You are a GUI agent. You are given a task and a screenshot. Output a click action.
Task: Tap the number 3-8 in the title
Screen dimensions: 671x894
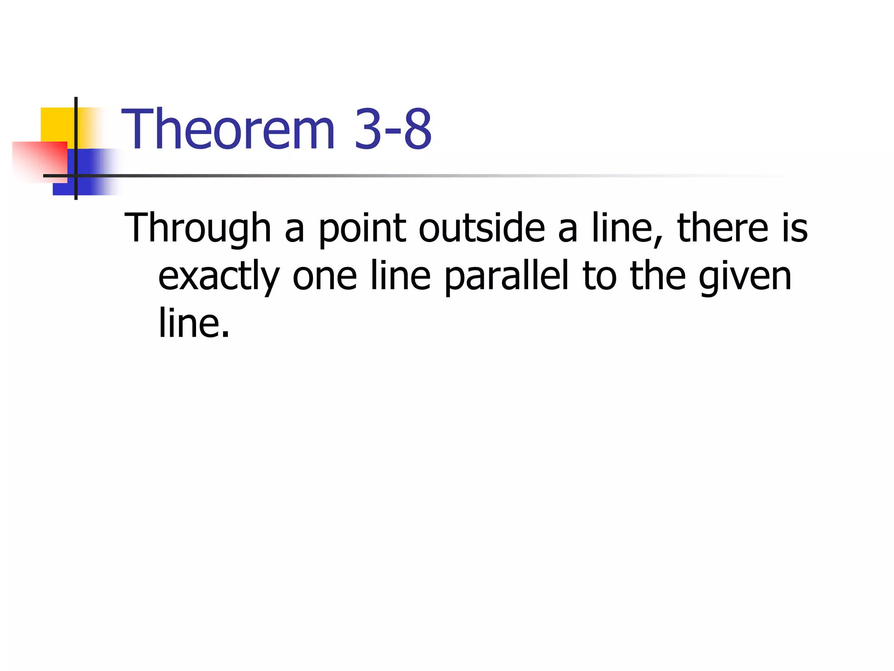(x=393, y=129)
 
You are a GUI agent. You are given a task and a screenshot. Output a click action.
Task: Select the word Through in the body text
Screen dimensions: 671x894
(x=198, y=228)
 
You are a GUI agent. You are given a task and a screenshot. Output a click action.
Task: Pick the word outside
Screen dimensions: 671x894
(x=481, y=228)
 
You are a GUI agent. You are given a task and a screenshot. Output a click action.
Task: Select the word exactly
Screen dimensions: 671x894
(x=219, y=277)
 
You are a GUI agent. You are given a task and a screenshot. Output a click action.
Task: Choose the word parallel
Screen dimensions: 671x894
(x=507, y=276)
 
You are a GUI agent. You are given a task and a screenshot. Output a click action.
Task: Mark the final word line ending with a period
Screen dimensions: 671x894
(x=193, y=324)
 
